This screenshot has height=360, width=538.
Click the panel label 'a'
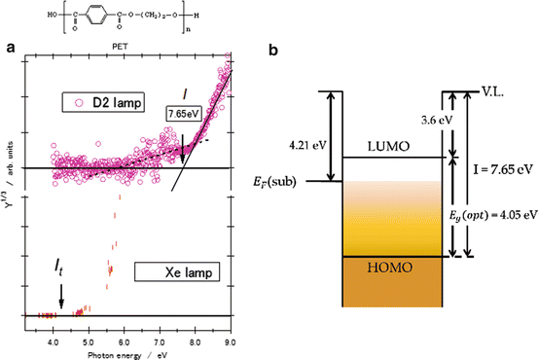[x=10, y=46]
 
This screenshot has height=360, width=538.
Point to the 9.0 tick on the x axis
[x=229, y=330]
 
